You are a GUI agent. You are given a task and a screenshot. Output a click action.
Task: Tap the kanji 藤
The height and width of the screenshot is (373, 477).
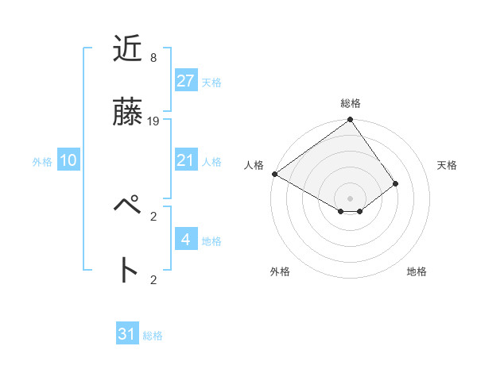(x=128, y=113)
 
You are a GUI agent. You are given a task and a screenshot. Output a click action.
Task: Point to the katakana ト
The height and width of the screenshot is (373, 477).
(x=128, y=270)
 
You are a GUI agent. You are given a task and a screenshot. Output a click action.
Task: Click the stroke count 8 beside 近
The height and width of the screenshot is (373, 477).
(x=153, y=57)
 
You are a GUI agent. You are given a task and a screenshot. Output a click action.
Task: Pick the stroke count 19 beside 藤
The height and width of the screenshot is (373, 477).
(x=153, y=121)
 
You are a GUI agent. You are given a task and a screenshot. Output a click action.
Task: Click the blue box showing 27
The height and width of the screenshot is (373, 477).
(x=185, y=81)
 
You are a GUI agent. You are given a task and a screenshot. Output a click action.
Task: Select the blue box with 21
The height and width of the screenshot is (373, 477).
(x=185, y=161)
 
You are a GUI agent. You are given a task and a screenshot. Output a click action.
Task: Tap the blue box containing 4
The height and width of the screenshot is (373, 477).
(x=185, y=240)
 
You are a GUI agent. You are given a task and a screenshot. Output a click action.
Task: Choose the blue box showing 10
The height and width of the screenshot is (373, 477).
(x=68, y=161)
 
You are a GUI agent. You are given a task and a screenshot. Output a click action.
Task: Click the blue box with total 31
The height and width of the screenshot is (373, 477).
(x=126, y=334)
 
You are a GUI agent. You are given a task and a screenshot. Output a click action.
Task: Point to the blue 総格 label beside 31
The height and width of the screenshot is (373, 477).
(x=153, y=336)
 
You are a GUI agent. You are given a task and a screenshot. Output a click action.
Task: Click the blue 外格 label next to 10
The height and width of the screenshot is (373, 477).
(x=42, y=162)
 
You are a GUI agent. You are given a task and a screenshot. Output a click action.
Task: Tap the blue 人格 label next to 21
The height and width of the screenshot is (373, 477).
(x=211, y=162)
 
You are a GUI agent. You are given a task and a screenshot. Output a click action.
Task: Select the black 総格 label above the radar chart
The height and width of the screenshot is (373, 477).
(x=351, y=103)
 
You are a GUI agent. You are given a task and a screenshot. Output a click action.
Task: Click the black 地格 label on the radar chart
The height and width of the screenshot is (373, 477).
(x=417, y=271)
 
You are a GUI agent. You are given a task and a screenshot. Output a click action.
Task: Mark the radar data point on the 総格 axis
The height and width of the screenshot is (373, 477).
(x=350, y=121)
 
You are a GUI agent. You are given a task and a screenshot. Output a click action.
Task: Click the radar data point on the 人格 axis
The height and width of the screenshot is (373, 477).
(x=274, y=174)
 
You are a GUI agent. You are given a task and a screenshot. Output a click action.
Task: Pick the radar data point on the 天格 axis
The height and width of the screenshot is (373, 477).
(x=395, y=183)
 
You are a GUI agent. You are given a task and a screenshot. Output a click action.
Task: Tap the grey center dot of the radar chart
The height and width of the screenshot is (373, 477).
(x=350, y=198)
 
